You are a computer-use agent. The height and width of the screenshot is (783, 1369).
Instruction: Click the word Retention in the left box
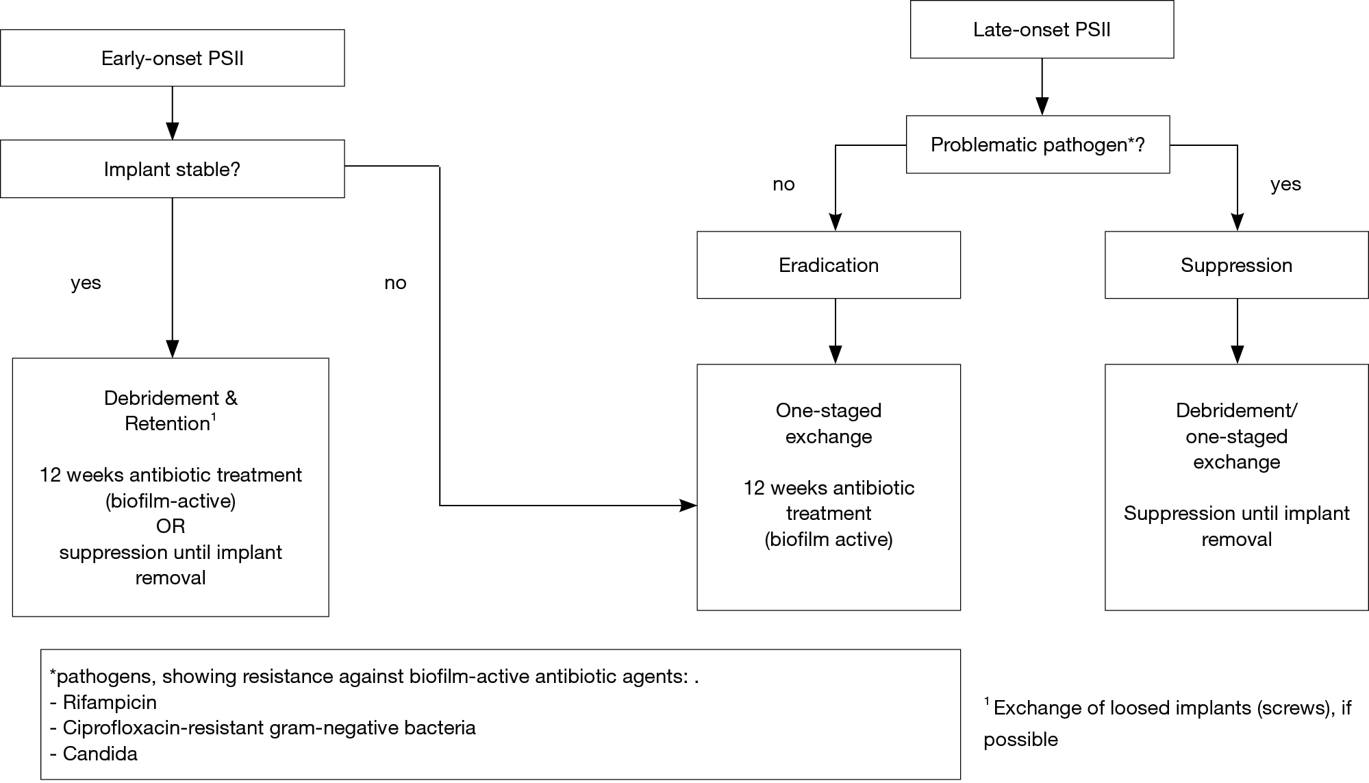pos(167,424)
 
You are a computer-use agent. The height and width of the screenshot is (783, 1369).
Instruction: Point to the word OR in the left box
pos(171,526)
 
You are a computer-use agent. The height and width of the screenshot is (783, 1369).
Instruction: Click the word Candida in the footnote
pos(100,754)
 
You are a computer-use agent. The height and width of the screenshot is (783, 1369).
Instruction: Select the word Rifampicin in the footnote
pos(110,702)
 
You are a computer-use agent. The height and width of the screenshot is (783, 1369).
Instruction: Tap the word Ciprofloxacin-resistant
pos(164,728)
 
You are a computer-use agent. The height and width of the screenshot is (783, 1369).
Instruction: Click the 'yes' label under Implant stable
pos(86,283)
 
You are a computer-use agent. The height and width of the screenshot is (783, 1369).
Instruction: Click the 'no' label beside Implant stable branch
pos(395,283)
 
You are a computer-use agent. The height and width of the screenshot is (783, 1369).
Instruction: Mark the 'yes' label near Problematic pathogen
pos(1285,184)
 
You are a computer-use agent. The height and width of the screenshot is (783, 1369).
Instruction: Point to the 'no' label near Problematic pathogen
pos(783,184)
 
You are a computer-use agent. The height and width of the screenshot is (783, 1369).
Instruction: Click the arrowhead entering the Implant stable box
pos(173,132)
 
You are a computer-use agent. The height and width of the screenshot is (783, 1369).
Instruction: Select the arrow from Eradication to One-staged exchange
pos(836,331)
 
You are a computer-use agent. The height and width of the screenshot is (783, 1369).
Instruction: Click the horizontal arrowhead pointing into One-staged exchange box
pos(688,506)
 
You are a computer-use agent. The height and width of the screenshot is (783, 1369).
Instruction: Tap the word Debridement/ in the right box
pos(1237,410)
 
